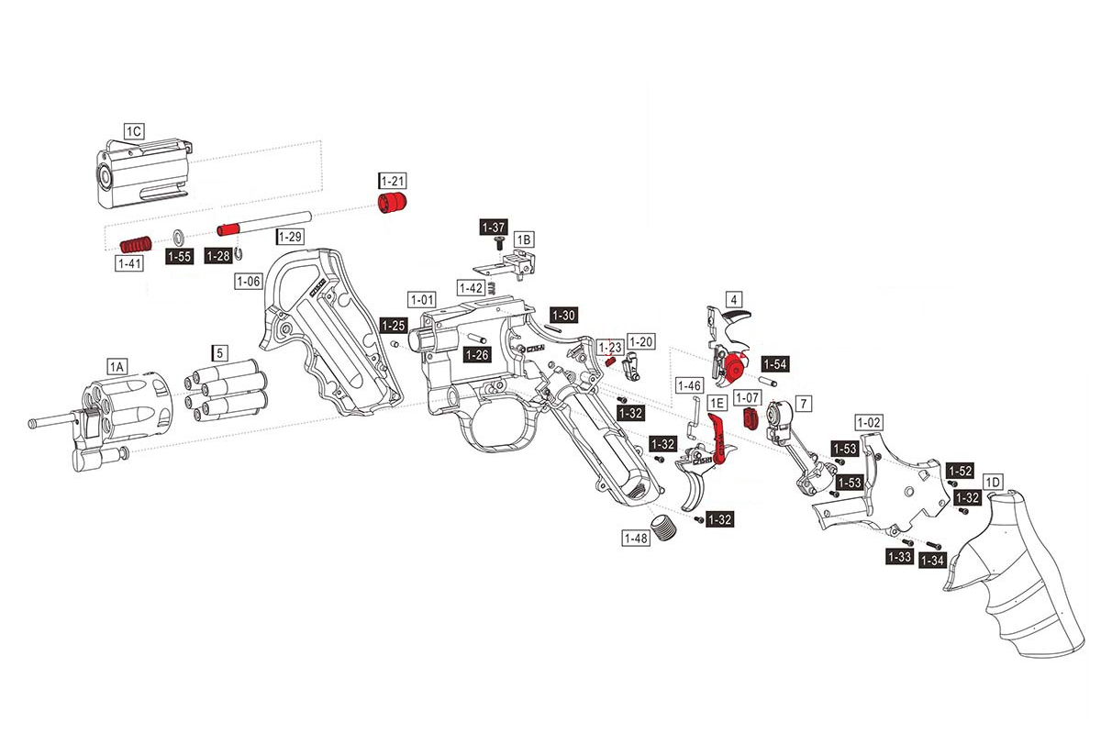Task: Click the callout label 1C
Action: [x=133, y=131]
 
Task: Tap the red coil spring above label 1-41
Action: [x=137, y=244]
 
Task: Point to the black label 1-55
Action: [x=179, y=258]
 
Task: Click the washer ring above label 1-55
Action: [x=178, y=236]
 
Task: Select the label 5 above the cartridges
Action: [x=219, y=352]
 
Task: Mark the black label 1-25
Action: [x=394, y=325]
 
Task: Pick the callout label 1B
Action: [x=523, y=239]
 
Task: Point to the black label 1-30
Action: [x=563, y=316]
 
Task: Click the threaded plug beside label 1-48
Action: [x=662, y=529]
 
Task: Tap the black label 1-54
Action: [x=774, y=364]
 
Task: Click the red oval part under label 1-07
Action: [x=750, y=419]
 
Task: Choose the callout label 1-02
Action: [x=868, y=421]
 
